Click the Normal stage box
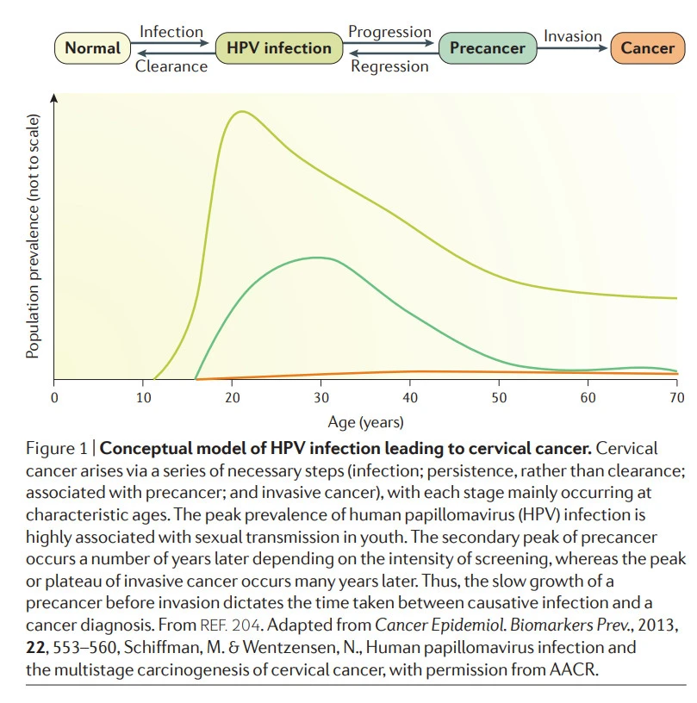[x=92, y=47]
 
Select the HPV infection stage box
[x=274, y=47]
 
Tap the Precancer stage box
[x=487, y=47]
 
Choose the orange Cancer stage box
[x=648, y=47]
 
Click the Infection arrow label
[x=171, y=32]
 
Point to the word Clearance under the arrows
[x=171, y=65]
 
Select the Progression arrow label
[x=389, y=32]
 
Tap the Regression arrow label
[x=389, y=65]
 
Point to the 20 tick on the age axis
[x=232, y=397]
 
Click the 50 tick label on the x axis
[x=499, y=397]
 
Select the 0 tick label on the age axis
[x=54, y=397]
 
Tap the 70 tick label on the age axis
[x=676, y=397]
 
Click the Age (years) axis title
[x=365, y=422]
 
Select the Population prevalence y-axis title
[x=33, y=239]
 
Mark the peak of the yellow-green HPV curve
[x=241, y=111]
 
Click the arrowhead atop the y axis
[x=54, y=97]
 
